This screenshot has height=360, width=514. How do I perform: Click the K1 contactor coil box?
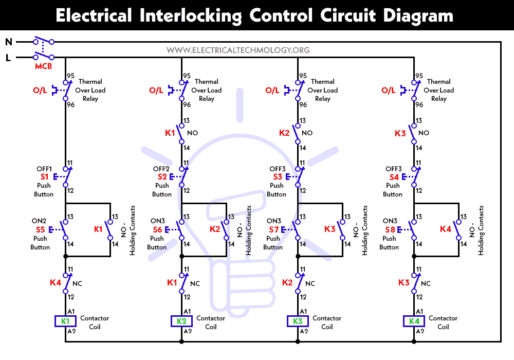(65, 321)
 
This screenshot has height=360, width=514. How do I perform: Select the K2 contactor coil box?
(181, 321)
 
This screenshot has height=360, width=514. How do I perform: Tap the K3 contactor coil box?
(298, 321)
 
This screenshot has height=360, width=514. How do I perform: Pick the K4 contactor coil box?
(414, 321)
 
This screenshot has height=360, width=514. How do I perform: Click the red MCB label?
(43, 67)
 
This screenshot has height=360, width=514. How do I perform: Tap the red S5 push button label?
(41, 230)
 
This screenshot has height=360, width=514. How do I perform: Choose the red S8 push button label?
(391, 230)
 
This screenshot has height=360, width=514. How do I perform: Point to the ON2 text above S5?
(41, 221)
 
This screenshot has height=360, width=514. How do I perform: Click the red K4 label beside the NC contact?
(56, 282)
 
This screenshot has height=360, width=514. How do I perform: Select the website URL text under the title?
(238, 50)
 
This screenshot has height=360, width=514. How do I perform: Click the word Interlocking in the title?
(190, 15)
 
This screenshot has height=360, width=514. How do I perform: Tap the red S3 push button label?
(277, 177)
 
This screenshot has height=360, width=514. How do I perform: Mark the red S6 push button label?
(157, 230)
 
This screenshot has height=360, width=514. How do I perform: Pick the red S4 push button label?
(393, 177)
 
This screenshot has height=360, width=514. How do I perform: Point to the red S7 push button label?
(273, 230)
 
